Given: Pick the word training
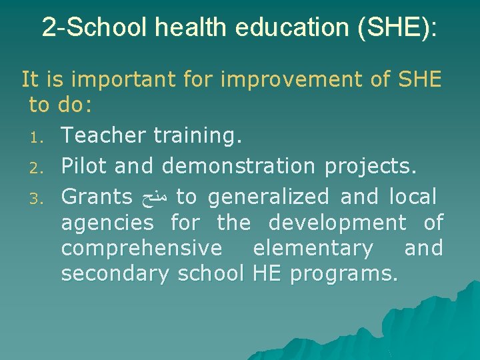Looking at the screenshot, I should pyautogui.click(x=197, y=136).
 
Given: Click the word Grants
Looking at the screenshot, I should pyautogui.click(x=97, y=197).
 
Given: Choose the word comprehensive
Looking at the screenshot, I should pyautogui.click(x=142, y=248).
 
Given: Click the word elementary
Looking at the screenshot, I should pyautogui.click(x=313, y=248).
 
